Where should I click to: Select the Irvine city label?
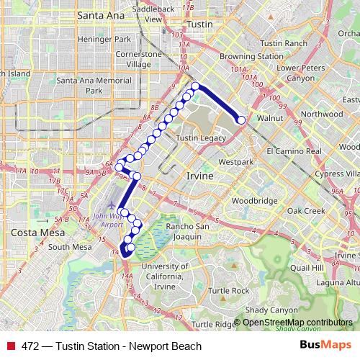(199, 176)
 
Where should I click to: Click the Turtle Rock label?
(229, 291)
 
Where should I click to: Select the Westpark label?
(236, 162)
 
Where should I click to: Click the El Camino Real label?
(294, 152)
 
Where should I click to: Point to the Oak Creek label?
(307, 211)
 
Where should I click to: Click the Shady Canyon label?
(266, 310)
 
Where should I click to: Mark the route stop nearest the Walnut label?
(241, 120)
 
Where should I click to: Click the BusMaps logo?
(325, 346)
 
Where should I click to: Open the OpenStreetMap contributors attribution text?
(297, 322)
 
